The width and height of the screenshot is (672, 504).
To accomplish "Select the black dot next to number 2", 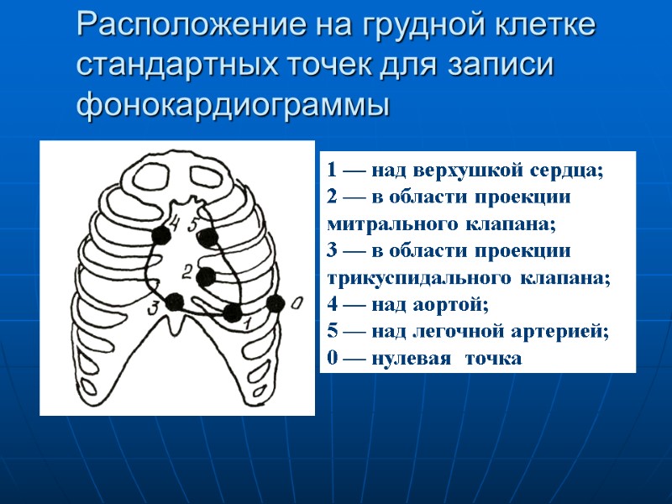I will pos(207,276).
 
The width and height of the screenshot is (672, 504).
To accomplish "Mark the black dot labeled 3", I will pos(175,302).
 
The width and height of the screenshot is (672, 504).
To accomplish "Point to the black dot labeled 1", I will pos(232,313).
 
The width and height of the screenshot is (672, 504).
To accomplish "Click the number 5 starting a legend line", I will pos(333,331).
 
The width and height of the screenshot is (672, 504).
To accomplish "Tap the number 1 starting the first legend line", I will pos(333,171).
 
